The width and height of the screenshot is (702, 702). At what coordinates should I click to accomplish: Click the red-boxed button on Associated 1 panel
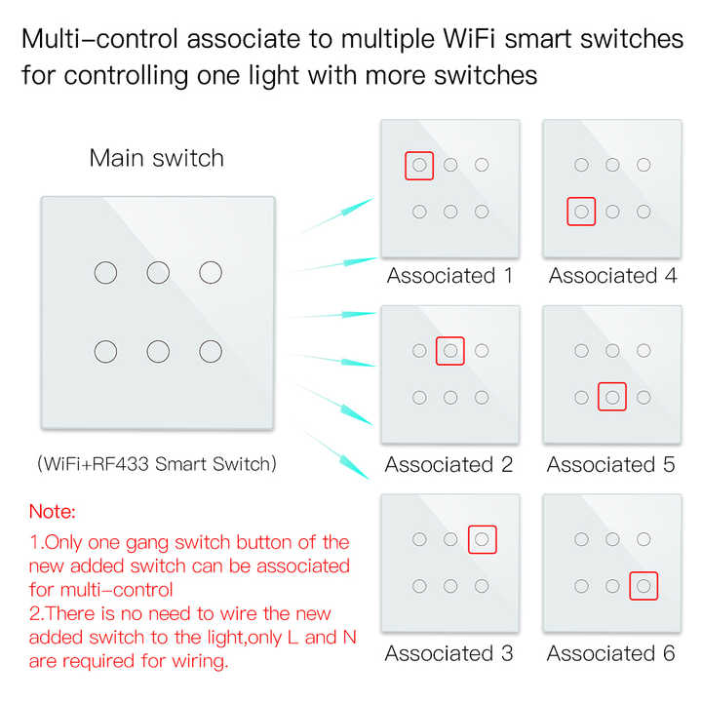coord(419,165)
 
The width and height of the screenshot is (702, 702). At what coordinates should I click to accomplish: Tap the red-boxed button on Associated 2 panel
coord(450,350)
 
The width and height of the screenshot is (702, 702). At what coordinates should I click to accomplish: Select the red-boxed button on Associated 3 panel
coord(482,538)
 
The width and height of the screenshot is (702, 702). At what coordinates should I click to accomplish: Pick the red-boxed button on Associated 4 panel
coord(581,211)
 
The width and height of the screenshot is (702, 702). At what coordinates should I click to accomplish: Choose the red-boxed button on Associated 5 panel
coord(612,397)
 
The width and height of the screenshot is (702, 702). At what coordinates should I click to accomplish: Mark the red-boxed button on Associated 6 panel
coord(643,585)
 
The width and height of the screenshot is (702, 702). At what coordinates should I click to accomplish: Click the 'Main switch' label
coord(156,158)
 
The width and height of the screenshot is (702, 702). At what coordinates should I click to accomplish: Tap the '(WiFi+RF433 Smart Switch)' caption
coord(157,464)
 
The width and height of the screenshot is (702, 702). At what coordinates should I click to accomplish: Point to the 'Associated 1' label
coord(449,276)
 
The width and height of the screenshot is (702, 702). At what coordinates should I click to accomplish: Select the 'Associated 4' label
coord(612,276)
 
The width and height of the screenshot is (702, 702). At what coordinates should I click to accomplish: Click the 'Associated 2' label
coord(448,465)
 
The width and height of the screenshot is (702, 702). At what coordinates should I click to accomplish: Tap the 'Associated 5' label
coord(611,465)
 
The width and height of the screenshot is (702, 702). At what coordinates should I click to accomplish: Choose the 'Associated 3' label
coord(448,653)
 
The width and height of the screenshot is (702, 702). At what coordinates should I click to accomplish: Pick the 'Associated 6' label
coord(611,653)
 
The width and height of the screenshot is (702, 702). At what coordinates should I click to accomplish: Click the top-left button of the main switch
coord(105,272)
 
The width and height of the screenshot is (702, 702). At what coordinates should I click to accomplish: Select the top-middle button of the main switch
coord(158,272)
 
